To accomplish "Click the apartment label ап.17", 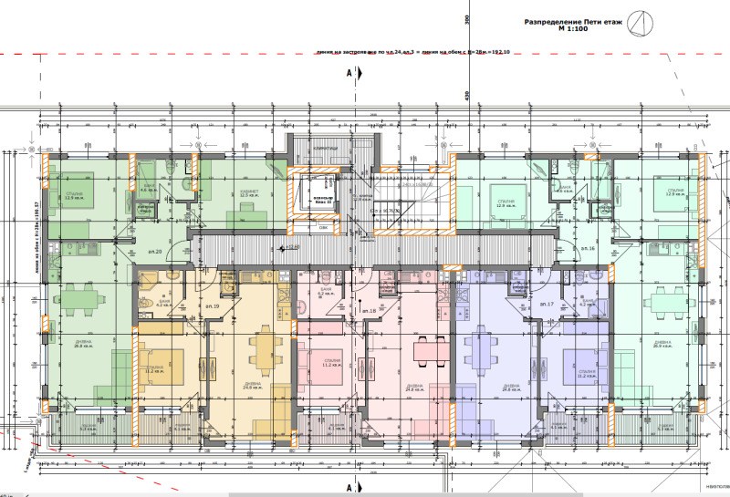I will tap(547, 302).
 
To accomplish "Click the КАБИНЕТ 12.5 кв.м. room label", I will tap(250, 194).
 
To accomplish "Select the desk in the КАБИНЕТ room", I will tap(250, 208).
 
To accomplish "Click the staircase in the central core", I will tap(415, 205).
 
